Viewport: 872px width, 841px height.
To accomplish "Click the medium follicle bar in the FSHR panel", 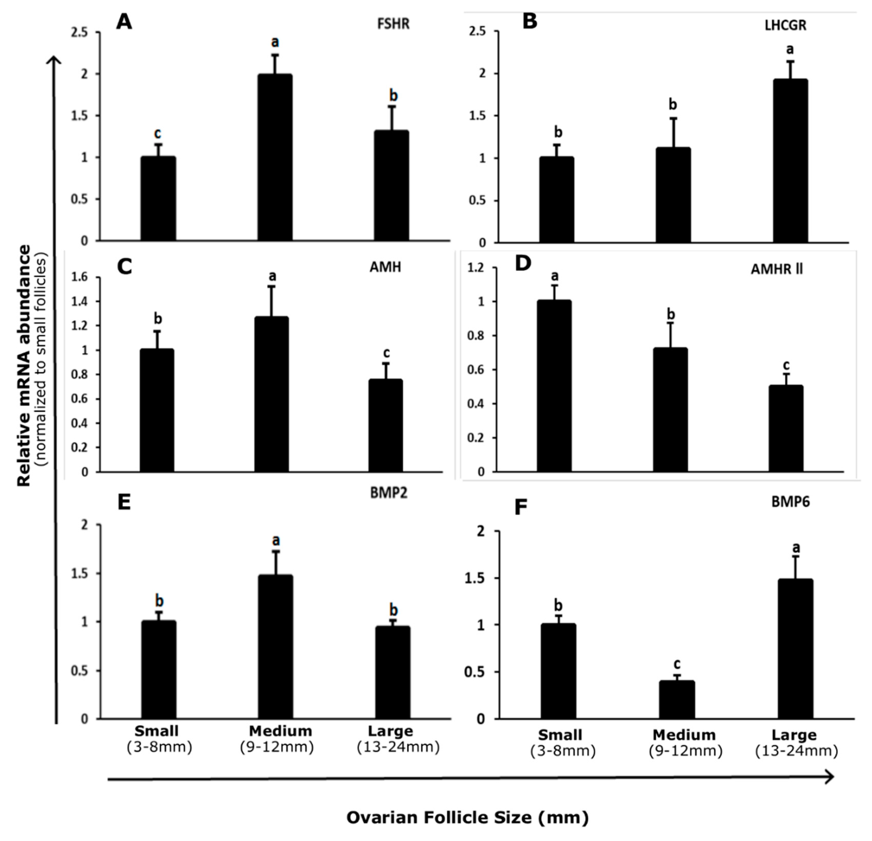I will pos(275,158).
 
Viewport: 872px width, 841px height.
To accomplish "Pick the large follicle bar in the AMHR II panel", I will pos(786,428).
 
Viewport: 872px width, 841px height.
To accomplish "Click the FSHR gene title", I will pos(393,24).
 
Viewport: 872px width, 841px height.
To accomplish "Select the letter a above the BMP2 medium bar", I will pos(276,540).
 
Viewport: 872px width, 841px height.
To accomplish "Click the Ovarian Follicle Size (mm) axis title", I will pos(467,817).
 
